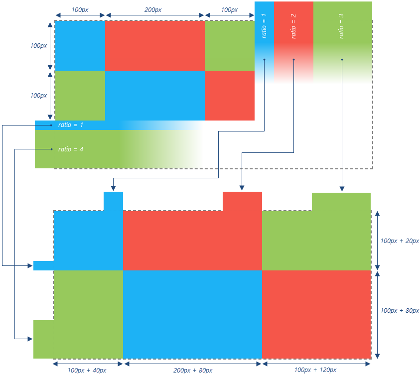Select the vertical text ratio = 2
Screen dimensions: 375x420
coord(293,23)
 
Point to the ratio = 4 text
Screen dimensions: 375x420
coord(71,149)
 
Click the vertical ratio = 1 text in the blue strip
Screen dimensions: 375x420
coord(264,23)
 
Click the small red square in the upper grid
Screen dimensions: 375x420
coord(229,96)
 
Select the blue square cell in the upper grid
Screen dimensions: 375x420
coord(80,46)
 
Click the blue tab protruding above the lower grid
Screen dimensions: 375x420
coord(113,201)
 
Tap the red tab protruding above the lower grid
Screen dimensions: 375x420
coord(242,201)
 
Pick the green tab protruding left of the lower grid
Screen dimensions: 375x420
coord(43,339)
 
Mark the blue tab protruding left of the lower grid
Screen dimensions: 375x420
coord(43,265)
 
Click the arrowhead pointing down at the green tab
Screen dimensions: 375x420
coord(342,189)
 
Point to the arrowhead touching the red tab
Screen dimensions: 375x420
coord(242,188)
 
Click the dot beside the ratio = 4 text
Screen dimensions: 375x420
coord(51,149)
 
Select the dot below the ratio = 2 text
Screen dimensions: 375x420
coord(293,60)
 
